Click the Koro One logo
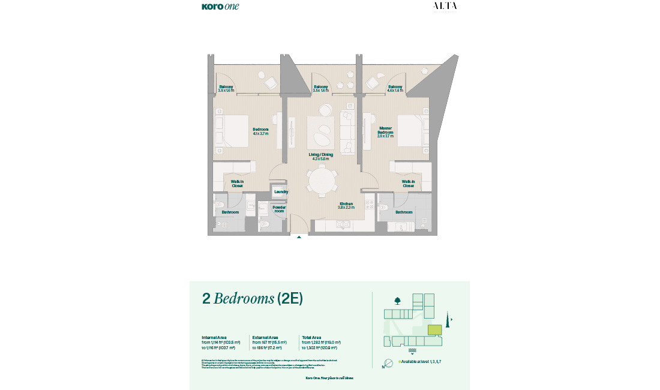220,7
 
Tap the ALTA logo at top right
445,6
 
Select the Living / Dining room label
319,156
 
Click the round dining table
323,181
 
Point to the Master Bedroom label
385,132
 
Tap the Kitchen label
346,205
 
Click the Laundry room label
281,192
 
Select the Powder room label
279,209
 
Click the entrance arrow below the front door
299,238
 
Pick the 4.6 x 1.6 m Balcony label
395,89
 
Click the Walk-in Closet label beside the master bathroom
409,184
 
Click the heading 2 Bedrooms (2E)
252,299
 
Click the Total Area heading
314,338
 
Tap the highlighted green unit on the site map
434,329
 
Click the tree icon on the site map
397,301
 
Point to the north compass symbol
388,362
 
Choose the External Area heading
265,338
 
